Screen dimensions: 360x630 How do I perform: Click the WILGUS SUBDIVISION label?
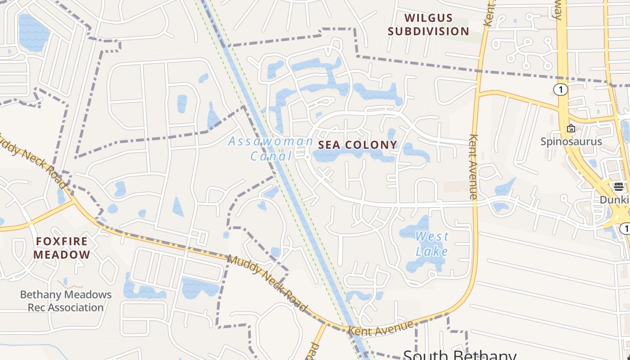[x=428, y=24]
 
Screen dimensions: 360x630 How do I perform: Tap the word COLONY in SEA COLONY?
[x=372, y=145]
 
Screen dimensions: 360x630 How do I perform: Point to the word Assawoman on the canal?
[x=271, y=141]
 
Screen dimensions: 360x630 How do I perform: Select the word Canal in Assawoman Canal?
[x=271, y=156]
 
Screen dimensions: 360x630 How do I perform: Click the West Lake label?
[x=432, y=243]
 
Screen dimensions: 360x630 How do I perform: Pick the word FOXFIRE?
[x=62, y=242]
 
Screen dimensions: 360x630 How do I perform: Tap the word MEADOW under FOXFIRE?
[x=62, y=255]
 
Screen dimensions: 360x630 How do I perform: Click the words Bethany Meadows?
[x=66, y=295]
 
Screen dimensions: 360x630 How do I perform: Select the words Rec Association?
[x=66, y=308]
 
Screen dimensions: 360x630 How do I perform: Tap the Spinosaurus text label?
[x=571, y=142]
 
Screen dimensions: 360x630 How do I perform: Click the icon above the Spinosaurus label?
[x=571, y=128]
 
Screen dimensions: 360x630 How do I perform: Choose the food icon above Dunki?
[x=618, y=187]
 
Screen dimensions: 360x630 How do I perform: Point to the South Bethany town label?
[x=459, y=355]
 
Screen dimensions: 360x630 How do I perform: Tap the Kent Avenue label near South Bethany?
[x=381, y=328]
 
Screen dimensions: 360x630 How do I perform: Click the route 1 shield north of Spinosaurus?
[x=560, y=90]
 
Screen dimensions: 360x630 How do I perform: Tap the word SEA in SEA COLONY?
[x=328, y=145]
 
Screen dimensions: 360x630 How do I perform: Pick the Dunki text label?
[x=614, y=199]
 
